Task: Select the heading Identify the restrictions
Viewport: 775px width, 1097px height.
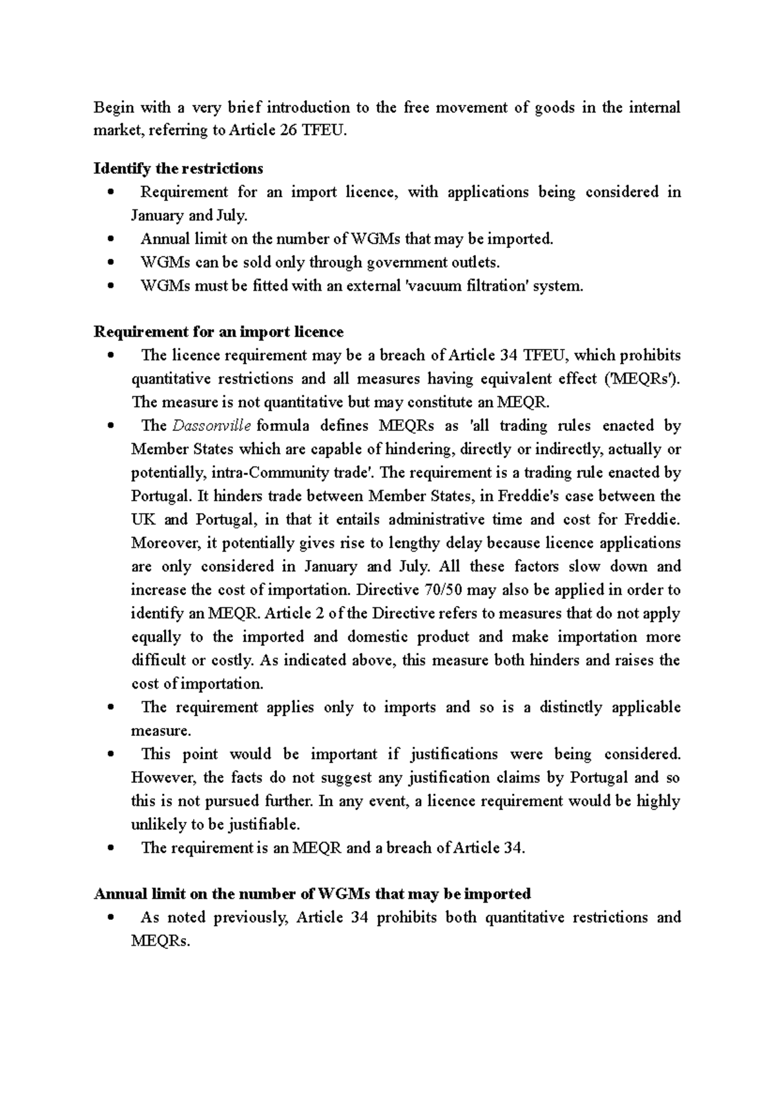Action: (178, 169)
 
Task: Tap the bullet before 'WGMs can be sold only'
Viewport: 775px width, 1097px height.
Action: (112, 263)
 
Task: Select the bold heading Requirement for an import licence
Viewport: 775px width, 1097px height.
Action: (218, 332)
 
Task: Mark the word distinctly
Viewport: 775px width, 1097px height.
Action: (569, 707)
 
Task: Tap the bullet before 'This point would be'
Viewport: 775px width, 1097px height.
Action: (112, 755)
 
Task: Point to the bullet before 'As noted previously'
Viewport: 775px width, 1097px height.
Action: (112, 918)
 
